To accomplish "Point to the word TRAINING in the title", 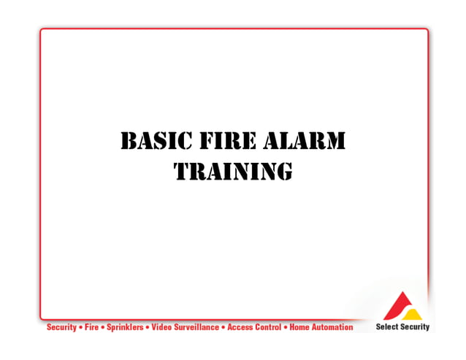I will (x=233, y=171).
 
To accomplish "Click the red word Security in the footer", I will (x=61, y=327).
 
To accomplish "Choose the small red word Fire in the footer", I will (x=91, y=327).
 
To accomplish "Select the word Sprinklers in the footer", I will (x=125, y=327).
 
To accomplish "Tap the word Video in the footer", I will (x=161, y=327).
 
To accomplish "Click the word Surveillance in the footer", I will (x=196, y=327).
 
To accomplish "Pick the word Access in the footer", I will (x=240, y=327).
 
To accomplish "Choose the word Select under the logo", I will (x=386, y=327).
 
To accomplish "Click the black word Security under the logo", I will (x=415, y=327).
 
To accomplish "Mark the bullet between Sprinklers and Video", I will (x=147, y=327).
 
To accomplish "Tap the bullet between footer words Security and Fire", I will (x=80, y=327).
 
